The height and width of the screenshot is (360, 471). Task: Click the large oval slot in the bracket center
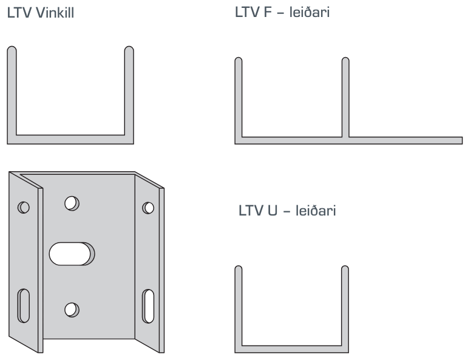pos(72,254)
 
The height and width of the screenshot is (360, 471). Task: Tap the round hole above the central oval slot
pos(72,202)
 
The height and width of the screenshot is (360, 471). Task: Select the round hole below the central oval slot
pos(71,308)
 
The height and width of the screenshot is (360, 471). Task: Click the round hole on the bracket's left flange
pos(24,207)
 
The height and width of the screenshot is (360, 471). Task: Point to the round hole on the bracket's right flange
pos(147,208)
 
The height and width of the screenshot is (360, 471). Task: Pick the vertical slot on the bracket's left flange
pos(25,305)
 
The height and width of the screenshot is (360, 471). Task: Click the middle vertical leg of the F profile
pos(345,97)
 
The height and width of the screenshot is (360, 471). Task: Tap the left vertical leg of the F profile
pos(239,97)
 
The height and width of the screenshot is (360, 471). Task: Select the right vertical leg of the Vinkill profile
pos(129,91)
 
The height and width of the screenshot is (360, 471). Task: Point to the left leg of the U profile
pos(239,307)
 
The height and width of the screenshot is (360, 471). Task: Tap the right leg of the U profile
pos(345,307)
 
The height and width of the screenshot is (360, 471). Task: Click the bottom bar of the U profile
pos(291,348)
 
